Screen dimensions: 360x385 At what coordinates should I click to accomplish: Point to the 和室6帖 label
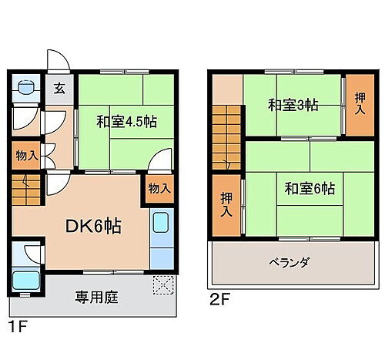(308, 187)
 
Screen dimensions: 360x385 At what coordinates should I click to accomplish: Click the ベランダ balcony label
(289, 263)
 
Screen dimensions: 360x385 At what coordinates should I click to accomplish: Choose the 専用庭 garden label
(96, 296)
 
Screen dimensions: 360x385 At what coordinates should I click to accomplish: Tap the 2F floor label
(219, 298)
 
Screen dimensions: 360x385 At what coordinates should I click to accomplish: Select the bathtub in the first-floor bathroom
(26, 279)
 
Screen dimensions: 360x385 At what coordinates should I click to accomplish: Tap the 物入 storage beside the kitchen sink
(159, 188)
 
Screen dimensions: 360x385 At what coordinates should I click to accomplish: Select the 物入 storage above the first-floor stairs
(27, 155)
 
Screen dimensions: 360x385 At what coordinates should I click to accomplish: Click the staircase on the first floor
(27, 189)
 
